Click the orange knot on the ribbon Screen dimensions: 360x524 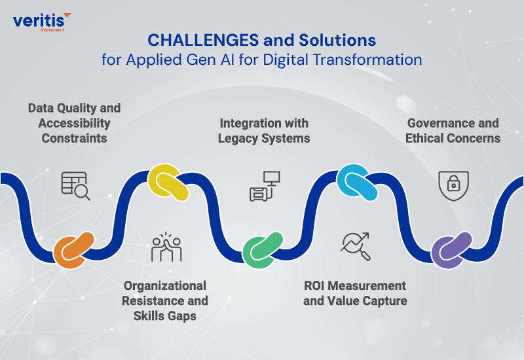pyautogui.click(x=73, y=249)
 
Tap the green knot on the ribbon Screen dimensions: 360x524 pyautogui.click(x=262, y=249)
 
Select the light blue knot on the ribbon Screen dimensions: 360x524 pyautogui.click(x=356, y=182)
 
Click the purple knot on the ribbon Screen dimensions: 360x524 pyautogui.click(x=452, y=249)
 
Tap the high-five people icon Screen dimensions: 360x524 pyautogui.click(x=166, y=246)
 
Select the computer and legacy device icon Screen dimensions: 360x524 pyautogui.click(x=264, y=185)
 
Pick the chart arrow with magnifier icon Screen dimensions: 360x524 pyautogui.click(x=356, y=245)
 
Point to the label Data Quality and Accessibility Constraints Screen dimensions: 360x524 pyautogui.click(x=74, y=122)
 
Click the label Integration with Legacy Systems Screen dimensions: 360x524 pyautogui.click(x=264, y=130)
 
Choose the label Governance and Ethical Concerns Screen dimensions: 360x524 pyautogui.click(x=453, y=130)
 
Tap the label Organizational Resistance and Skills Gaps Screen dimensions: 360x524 pyautogui.click(x=166, y=300)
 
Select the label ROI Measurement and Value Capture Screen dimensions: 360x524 pyautogui.click(x=355, y=293)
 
